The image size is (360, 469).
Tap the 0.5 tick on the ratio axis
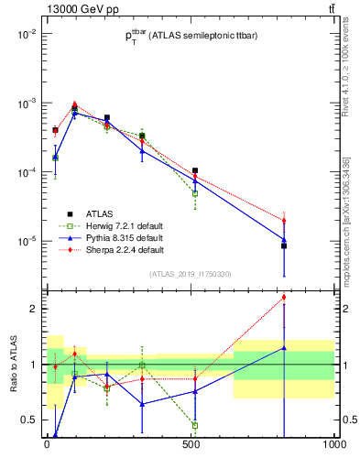click(28, 420)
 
